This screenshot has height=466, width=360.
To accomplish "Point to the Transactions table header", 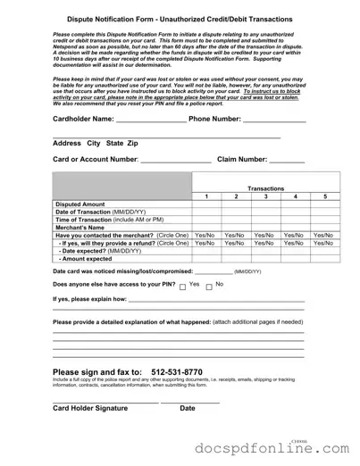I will click(265, 188).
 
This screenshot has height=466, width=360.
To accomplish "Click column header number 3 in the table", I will click(265, 196).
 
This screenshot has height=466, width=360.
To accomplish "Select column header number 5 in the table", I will click(325, 196).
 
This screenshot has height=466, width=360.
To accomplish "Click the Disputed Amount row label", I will click(80, 204).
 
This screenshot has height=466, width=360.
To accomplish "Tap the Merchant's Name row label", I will click(80, 228).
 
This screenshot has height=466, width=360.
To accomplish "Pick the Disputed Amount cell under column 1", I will click(205, 204).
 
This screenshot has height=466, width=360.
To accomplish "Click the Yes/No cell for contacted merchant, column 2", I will click(235, 236).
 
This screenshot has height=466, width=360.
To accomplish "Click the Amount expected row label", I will click(86, 259).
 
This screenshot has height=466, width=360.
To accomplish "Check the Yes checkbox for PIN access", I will click(181, 287).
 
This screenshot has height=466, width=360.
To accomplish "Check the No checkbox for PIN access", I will click(208, 287).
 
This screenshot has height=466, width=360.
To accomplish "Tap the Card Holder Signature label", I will click(90, 408).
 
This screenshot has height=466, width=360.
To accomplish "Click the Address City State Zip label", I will click(96, 143).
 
